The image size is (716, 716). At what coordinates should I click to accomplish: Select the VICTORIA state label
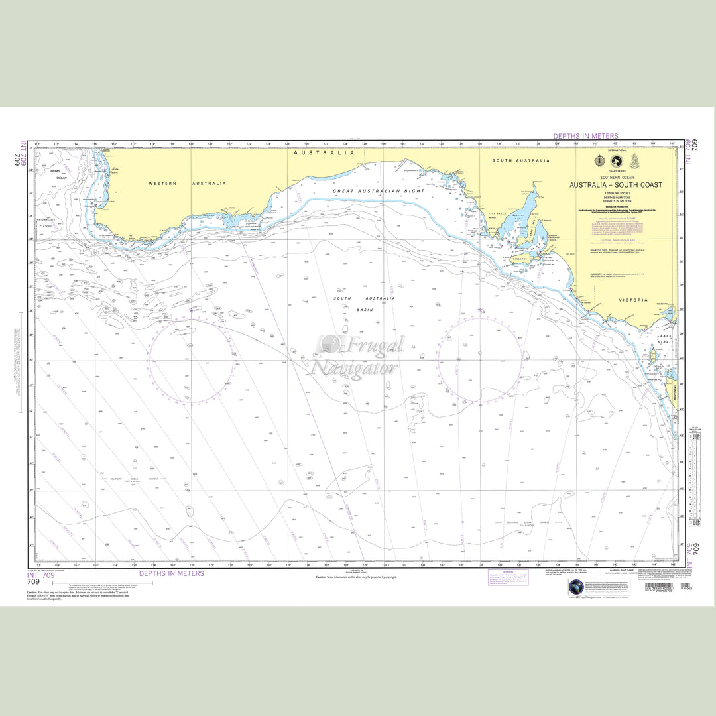[x=633, y=300]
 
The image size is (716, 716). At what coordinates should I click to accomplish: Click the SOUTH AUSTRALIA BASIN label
[x=364, y=304]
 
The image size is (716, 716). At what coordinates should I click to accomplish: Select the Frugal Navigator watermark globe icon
[x=329, y=344]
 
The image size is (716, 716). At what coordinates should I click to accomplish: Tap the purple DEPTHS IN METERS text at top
[x=586, y=136]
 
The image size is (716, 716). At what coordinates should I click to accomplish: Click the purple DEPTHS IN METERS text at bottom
[x=171, y=573]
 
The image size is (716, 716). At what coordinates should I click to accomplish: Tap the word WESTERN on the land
[x=162, y=184]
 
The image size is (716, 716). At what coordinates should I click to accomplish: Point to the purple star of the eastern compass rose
[x=480, y=310]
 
